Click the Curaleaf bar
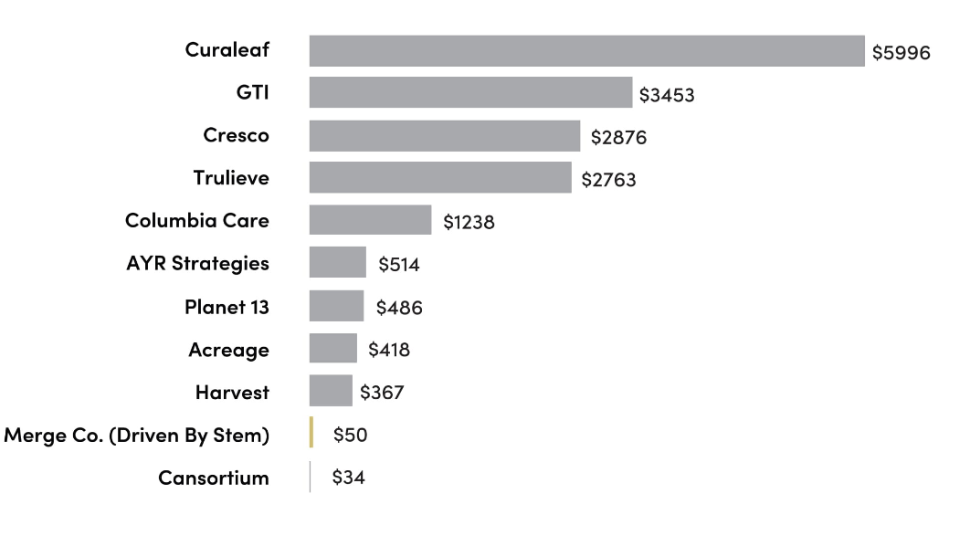pos(586,51)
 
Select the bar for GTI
pos(470,93)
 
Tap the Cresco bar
pos(444,136)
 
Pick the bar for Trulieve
pos(440,178)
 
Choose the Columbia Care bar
pos(370,220)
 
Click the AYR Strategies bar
pos(337,263)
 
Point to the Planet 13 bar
pos(336,306)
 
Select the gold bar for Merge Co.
pos(311,433)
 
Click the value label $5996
pos(901,53)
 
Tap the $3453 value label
pos(667,95)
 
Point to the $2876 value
pos(618,138)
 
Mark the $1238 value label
pos(469,222)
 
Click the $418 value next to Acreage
pos(389,350)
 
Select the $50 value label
pos(350,435)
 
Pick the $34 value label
pos(348,478)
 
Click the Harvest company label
pos(232,393)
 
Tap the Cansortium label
pos(213,478)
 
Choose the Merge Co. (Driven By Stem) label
pos(137,436)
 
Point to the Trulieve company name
pos(231,178)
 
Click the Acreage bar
pos(332,348)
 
